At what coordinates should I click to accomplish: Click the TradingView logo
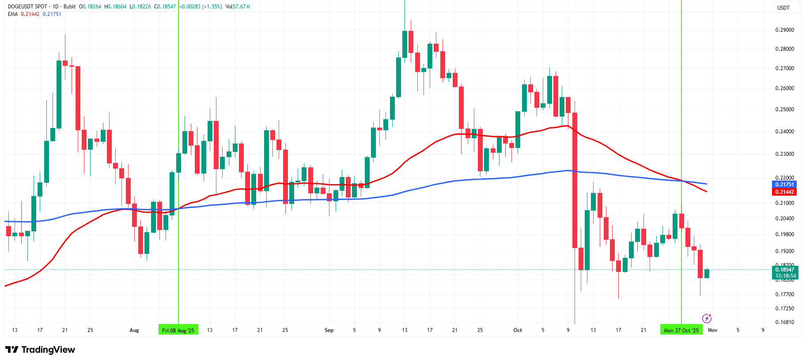pos(40,350)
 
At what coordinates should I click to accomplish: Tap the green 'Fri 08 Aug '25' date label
pos(178,330)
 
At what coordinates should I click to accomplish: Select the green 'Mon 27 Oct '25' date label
pos(681,330)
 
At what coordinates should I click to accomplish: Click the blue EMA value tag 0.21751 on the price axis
pos(784,185)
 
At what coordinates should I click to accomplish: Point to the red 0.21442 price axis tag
pos(784,192)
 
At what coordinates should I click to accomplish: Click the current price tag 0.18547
pos(784,269)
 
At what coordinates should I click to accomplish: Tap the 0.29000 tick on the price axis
pos(784,30)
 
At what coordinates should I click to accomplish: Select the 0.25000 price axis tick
pos(784,109)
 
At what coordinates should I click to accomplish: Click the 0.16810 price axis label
pos(784,322)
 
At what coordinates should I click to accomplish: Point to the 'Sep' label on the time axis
pos(329,330)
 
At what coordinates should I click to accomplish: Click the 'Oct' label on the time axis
pos(518,330)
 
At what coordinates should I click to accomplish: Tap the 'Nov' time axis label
pos(712,330)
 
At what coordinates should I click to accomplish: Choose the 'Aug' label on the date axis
pos(134,330)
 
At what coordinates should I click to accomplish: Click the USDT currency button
pos(783,8)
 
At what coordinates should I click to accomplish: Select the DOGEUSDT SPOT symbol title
pos(27,7)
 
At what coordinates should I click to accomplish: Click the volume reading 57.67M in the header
pos(242,7)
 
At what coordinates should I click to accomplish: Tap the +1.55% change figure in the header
pos(212,7)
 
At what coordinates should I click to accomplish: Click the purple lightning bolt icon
pos(707,318)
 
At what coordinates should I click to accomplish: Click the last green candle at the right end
pos(707,274)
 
